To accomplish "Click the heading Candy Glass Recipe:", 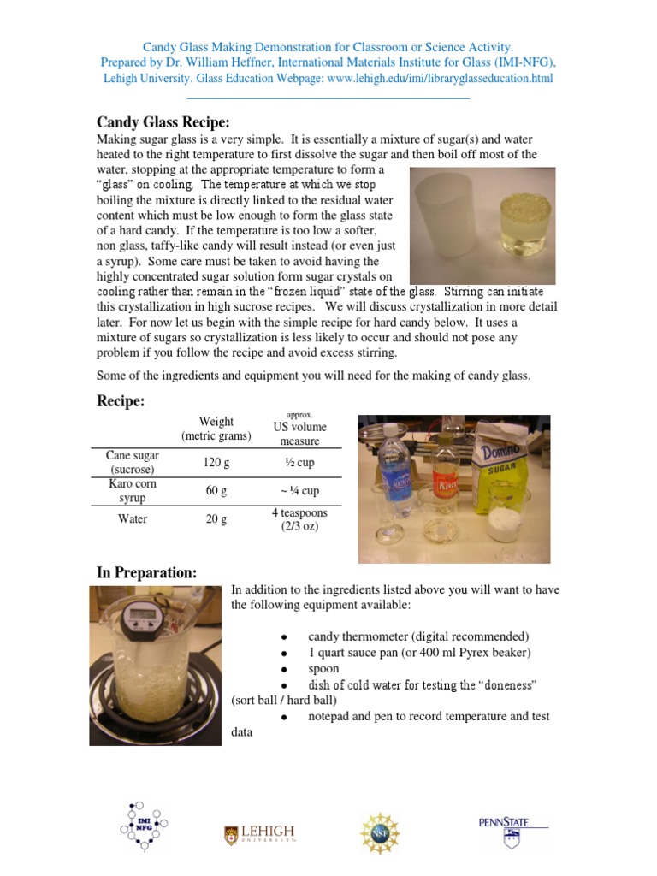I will click(x=163, y=122).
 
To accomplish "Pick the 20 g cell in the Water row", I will click(x=216, y=519).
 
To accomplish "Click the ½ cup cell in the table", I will click(x=299, y=463).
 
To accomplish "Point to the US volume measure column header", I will click(x=299, y=434).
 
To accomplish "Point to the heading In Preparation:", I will click(x=146, y=573).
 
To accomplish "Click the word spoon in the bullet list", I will click(x=323, y=668).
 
